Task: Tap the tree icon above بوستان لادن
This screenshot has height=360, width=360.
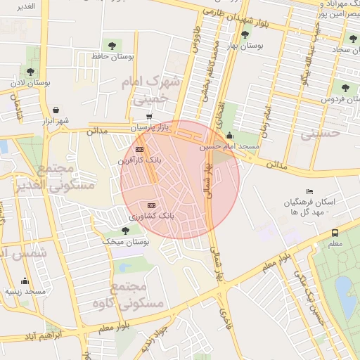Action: coord(31,71)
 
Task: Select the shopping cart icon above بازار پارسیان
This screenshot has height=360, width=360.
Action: coord(148,117)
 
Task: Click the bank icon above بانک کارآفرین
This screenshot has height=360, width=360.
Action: coord(139,149)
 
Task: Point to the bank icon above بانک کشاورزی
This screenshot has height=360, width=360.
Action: coord(150,204)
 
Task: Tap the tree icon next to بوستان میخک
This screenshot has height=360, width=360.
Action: coord(125,230)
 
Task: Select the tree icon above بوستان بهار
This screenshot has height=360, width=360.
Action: coord(245,34)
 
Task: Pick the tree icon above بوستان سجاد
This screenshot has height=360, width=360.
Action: coord(352,39)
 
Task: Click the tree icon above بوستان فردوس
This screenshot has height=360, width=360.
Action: coord(345,87)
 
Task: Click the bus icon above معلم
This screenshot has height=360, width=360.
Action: coord(335,233)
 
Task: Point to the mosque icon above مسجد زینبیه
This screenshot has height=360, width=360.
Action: coord(25,281)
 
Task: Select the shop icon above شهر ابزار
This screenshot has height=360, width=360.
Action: coord(55,110)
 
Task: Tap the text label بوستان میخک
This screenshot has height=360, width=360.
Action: coord(127,241)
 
